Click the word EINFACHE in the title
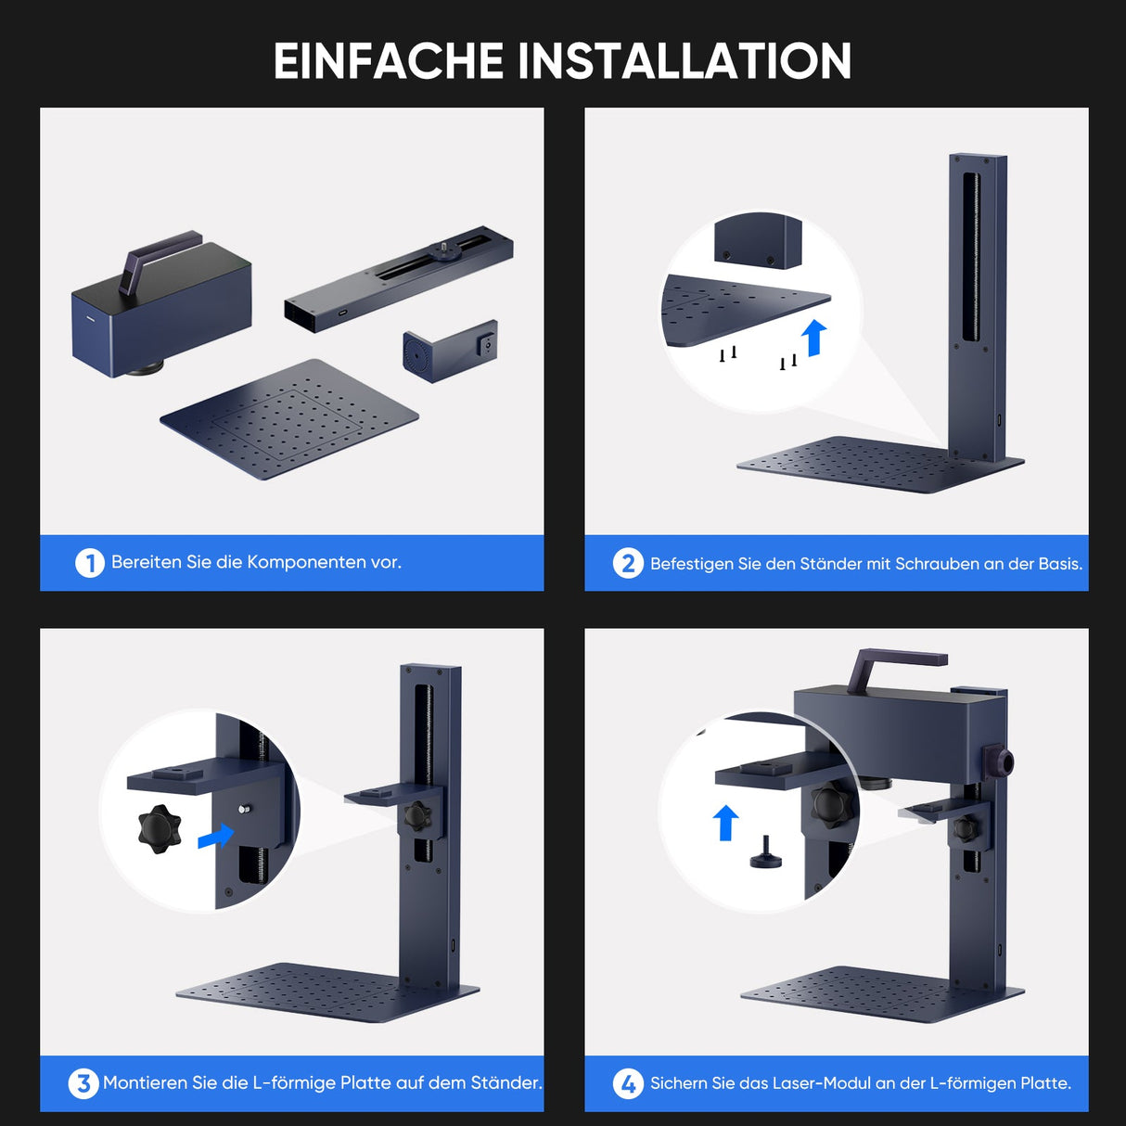(x=387, y=61)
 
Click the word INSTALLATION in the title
(x=684, y=61)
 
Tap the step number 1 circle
(x=90, y=562)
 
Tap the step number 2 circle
(x=628, y=563)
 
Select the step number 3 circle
(x=83, y=1082)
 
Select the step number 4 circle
(x=628, y=1082)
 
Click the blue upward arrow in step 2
(x=814, y=338)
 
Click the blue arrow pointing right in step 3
(x=215, y=836)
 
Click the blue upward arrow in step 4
(x=725, y=822)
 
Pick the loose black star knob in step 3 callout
(x=160, y=828)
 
